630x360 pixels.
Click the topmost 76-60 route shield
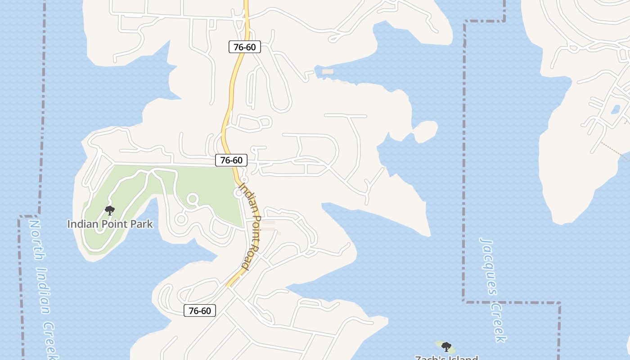pyautogui.click(x=244, y=47)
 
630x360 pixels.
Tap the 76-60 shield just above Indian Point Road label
pyautogui.click(x=231, y=160)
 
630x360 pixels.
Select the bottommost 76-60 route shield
pyautogui.click(x=200, y=310)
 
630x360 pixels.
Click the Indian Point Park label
pyautogui.click(x=110, y=224)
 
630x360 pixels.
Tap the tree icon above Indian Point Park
pyautogui.click(x=109, y=210)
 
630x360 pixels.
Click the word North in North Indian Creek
pyautogui.click(x=36, y=238)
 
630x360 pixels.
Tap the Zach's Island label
pyautogui.click(x=446, y=358)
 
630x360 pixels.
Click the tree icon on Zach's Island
pyautogui.click(x=446, y=346)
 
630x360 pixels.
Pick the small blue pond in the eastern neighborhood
pyautogui.click(x=615, y=109)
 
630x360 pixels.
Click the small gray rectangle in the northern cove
pyautogui.click(x=328, y=72)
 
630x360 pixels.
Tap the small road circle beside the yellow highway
pyautogui.click(x=238, y=193)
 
